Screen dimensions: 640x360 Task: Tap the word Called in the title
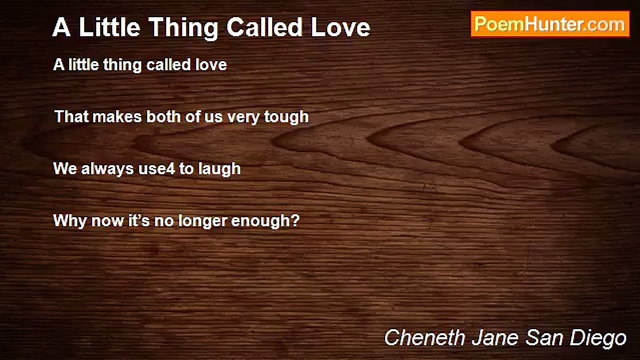(x=264, y=27)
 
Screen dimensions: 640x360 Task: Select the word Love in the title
(x=340, y=27)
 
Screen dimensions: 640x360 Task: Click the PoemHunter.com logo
(x=550, y=24)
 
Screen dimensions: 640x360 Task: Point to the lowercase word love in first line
(x=211, y=64)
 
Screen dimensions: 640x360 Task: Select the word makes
(x=117, y=117)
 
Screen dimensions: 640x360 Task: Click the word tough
(x=286, y=117)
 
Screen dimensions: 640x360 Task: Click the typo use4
(x=156, y=169)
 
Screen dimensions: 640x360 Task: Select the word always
(x=107, y=169)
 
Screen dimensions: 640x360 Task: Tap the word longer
(x=202, y=221)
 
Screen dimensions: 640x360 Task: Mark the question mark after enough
(x=295, y=220)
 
